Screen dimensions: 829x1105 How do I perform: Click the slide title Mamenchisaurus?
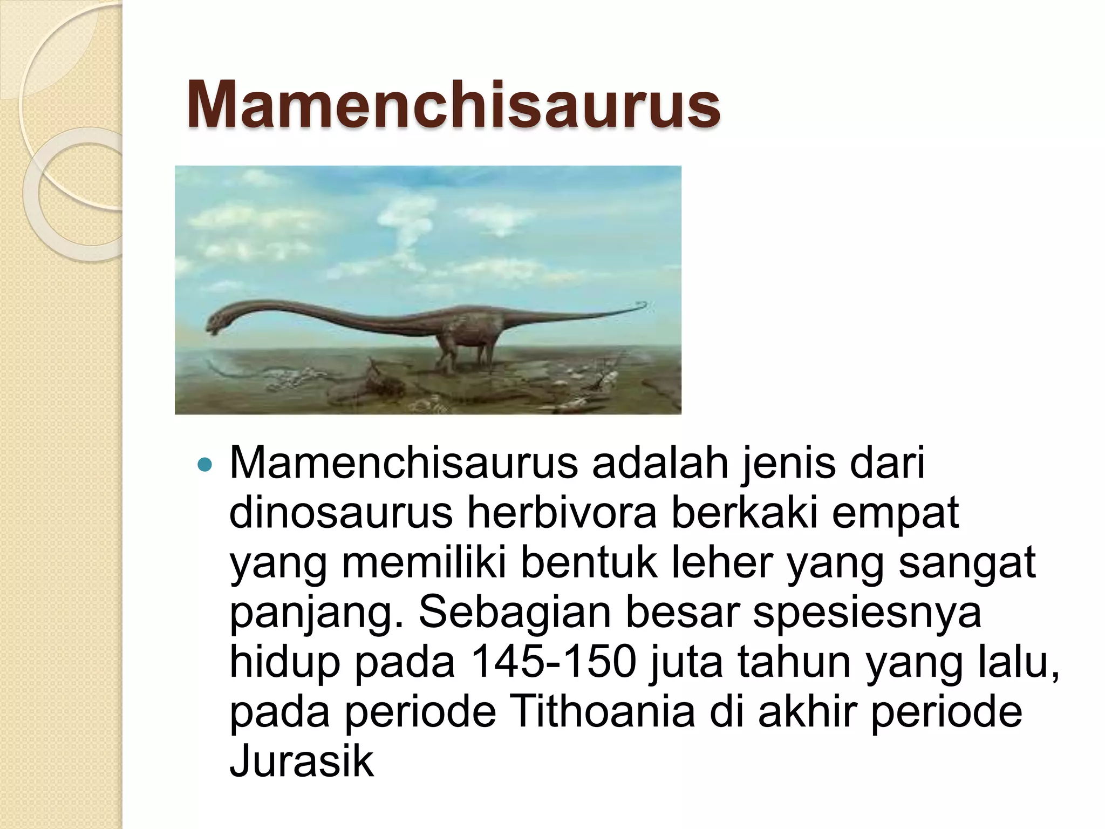pyautogui.click(x=453, y=104)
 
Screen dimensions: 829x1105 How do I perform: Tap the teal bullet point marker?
pyautogui.click(x=206, y=464)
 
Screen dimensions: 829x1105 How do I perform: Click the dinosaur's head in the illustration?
pyautogui.click(x=220, y=321)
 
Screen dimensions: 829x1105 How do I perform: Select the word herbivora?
pyautogui.click(x=562, y=512)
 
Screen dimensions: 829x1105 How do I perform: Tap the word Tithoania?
pyautogui.click(x=602, y=711)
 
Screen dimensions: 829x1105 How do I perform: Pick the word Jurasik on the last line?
pyautogui.click(x=302, y=761)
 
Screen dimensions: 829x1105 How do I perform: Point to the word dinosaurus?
pyautogui.click(x=341, y=512)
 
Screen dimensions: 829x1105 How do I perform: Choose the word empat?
pyautogui.click(x=895, y=513)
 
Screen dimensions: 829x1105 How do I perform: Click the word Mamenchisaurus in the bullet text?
pyautogui.click(x=404, y=463)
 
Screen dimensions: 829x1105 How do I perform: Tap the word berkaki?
pyautogui.click(x=745, y=512)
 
